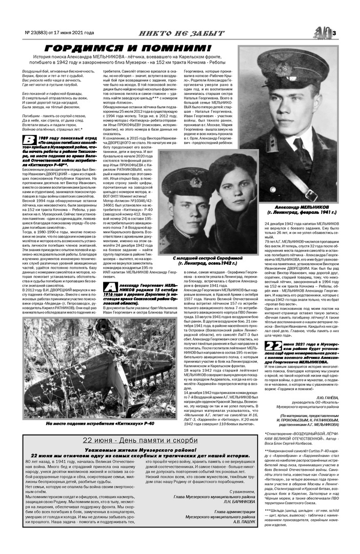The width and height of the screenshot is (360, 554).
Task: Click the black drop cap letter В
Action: click(31, 142)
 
